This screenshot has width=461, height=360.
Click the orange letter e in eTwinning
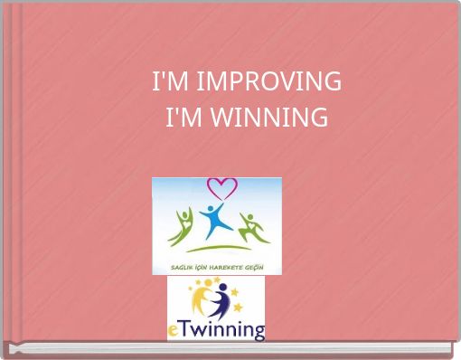tap(174, 330)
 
